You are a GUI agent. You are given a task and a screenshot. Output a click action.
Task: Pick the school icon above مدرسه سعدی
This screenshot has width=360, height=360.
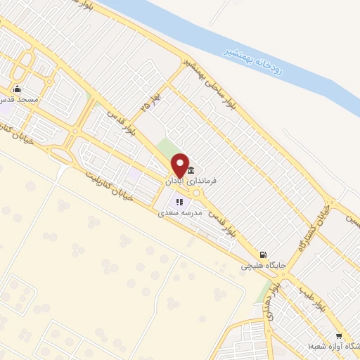[179, 202]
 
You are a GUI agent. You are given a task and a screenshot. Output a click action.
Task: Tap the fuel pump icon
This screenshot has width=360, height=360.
[263, 255]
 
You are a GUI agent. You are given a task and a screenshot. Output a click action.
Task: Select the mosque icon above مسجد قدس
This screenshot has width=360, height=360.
[17, 90]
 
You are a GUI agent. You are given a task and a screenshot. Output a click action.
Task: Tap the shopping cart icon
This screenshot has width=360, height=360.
[339, 336]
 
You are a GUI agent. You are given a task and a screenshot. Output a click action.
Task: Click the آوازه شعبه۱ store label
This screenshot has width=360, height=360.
[330, 347]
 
